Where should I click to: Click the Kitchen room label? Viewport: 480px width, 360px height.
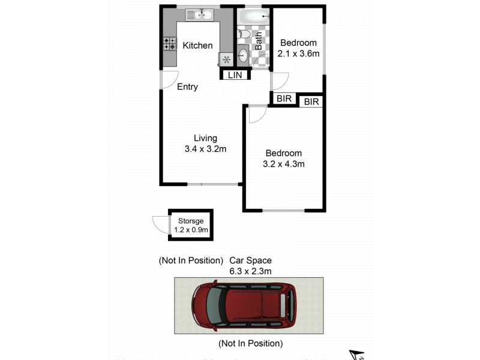(197, 46)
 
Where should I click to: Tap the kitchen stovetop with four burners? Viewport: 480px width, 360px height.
(169, 44)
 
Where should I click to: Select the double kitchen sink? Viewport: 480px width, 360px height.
(200, 15)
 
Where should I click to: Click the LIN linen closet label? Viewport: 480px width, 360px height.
(235, 74)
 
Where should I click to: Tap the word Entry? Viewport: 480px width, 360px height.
(187, 87)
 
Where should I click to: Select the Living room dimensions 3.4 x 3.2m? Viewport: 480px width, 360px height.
(205, 149)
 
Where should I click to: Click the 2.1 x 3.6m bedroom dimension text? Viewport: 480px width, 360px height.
(298, 53)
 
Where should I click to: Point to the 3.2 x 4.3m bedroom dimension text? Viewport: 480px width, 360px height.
(284, 164)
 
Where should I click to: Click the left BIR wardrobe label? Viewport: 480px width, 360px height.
(283, 99)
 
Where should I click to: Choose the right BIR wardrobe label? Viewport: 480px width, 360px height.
(311, 102)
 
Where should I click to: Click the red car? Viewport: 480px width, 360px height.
(244, 306)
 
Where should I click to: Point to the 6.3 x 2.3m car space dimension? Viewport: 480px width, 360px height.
(250, 271)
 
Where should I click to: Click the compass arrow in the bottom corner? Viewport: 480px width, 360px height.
(357, 354)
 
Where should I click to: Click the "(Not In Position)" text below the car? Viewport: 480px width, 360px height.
(250, 344)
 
